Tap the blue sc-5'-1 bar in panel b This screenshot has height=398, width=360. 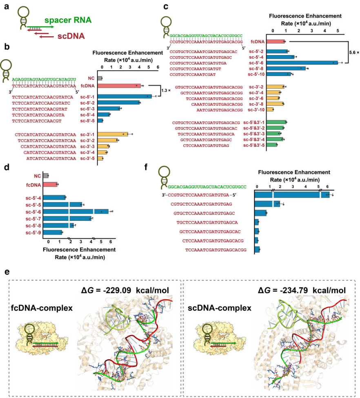pos(125,97)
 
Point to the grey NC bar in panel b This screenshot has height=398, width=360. pos(100,78)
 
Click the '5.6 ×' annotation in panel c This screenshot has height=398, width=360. pos(351,52)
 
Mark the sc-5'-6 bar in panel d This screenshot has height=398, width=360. pos(76,211)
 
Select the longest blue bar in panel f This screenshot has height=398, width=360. pos(291,195)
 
